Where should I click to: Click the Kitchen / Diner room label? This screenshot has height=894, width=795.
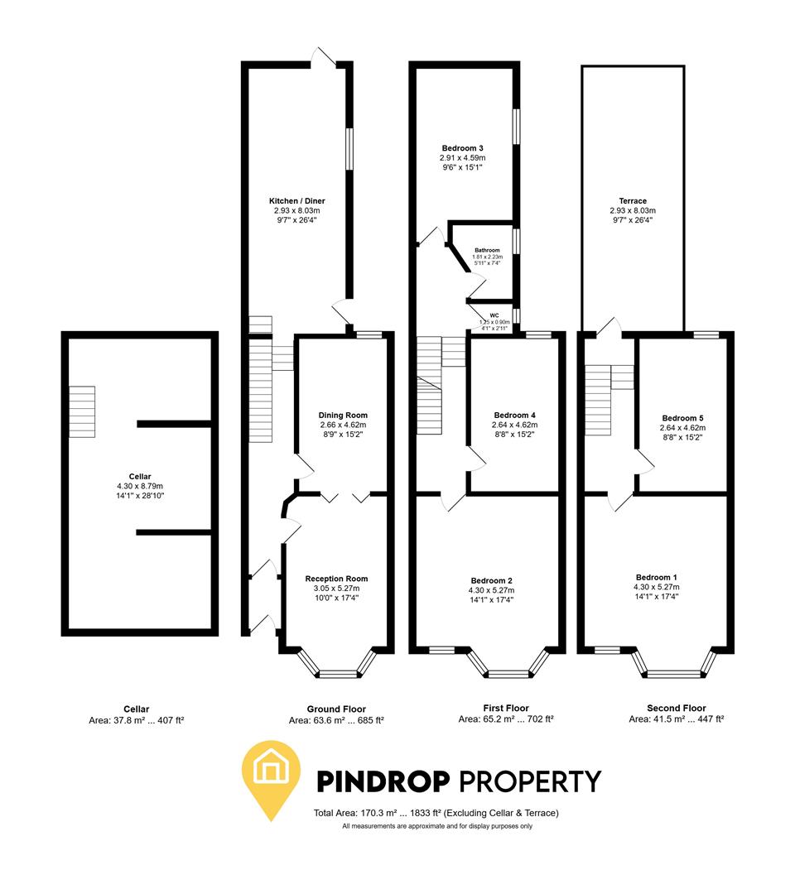(296, 201)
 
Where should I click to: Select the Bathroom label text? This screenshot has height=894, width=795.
(487, 250)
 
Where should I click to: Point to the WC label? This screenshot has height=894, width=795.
(494, 315)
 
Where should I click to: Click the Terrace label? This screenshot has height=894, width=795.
(632, 201)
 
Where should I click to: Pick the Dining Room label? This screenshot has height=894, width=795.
(343, 415)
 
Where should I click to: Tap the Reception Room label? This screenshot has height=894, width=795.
(336, 579)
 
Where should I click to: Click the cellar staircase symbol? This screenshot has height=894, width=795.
(82, 411)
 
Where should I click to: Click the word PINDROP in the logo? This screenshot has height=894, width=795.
(383, 781)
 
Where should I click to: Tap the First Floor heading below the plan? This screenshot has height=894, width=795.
(506, 708)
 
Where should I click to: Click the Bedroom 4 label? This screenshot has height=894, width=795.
(514, 415)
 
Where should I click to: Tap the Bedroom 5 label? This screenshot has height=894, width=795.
(682, 418)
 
